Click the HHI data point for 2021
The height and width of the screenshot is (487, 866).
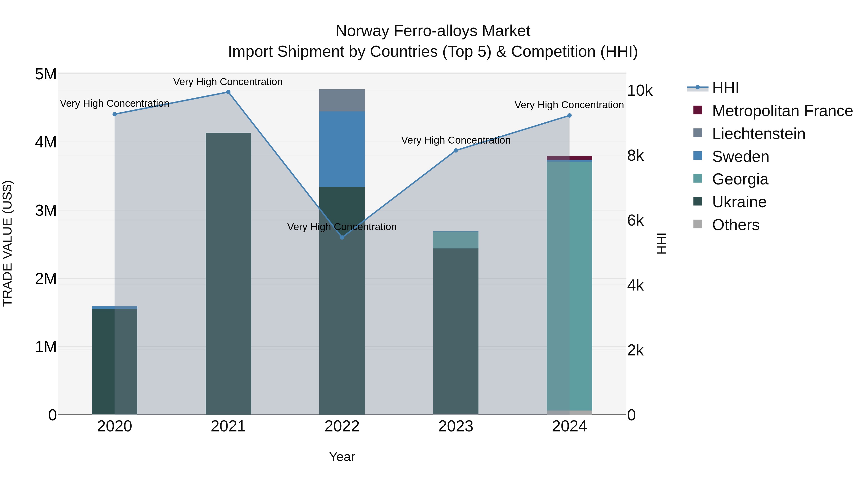click(228, 92)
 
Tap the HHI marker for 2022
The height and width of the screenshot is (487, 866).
click(342, 238)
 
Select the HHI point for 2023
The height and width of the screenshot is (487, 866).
click(456, 151)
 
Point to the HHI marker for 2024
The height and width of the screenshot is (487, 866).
click(569, 116)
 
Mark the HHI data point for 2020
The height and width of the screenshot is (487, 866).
click(115, 114)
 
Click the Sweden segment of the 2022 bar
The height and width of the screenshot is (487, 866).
click(342, 149)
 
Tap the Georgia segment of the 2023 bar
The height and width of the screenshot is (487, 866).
click(456, 240)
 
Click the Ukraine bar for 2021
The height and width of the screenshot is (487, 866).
click(228, 274)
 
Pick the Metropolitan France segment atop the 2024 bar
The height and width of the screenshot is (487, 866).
click(569, 158)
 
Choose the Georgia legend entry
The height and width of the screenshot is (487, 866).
click(740, 179)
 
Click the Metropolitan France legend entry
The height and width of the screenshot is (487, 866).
click(782, 111)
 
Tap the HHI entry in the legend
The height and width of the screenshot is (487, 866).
click(725, 88)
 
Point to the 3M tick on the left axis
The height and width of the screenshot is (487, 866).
click(46, 210)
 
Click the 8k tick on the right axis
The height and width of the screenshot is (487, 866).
click(635, 156)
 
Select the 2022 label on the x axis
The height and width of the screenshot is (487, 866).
click(342, 426)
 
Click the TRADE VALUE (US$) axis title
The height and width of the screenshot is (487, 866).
click(7, 243)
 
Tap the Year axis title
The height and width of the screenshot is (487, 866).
click(342, 457)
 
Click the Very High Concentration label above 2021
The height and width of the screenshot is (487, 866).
click(228, 82)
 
